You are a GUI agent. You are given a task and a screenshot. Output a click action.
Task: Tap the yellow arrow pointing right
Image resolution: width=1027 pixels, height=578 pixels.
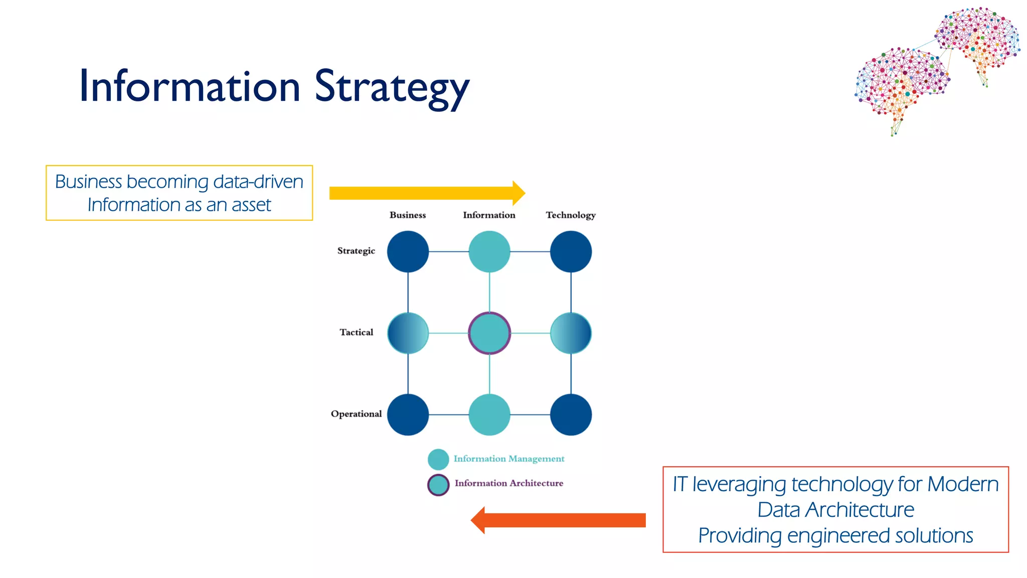[426, 193]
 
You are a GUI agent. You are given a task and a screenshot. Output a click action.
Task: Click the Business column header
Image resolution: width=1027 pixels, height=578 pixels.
[408, 215]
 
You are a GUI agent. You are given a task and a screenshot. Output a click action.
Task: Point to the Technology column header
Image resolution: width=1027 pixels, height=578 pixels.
[571, 215]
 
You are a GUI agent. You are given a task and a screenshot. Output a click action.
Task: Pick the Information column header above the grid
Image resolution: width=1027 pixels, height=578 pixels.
[489, 215]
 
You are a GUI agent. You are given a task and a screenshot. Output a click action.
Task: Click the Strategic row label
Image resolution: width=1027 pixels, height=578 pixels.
[356, 251]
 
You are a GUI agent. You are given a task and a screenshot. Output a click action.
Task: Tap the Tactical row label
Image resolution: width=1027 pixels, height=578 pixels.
[356, 332]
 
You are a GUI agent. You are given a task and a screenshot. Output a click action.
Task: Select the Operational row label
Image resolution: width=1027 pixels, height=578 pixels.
[356, 414]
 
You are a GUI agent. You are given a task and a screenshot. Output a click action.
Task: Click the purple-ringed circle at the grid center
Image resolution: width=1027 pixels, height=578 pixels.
[489, 333]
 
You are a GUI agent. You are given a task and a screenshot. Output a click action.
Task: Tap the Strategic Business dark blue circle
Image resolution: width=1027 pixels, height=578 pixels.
[408, 251]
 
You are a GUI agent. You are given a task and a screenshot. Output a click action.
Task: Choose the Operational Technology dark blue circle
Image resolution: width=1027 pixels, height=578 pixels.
[571, 414]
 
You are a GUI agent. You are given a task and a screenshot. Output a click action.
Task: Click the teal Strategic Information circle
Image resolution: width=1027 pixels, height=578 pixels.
[489, 251]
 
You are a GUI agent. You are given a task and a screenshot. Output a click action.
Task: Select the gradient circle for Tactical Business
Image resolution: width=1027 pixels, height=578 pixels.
[408, 333]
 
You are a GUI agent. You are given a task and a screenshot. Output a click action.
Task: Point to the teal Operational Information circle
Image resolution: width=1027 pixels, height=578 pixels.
[489, 414]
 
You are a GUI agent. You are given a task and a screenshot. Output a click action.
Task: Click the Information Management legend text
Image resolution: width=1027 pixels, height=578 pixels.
[508, 459]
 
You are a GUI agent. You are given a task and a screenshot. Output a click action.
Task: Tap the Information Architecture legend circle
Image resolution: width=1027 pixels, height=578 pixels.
[438, 485]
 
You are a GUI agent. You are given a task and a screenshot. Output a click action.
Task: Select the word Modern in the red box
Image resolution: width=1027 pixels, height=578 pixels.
[963, 485]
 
